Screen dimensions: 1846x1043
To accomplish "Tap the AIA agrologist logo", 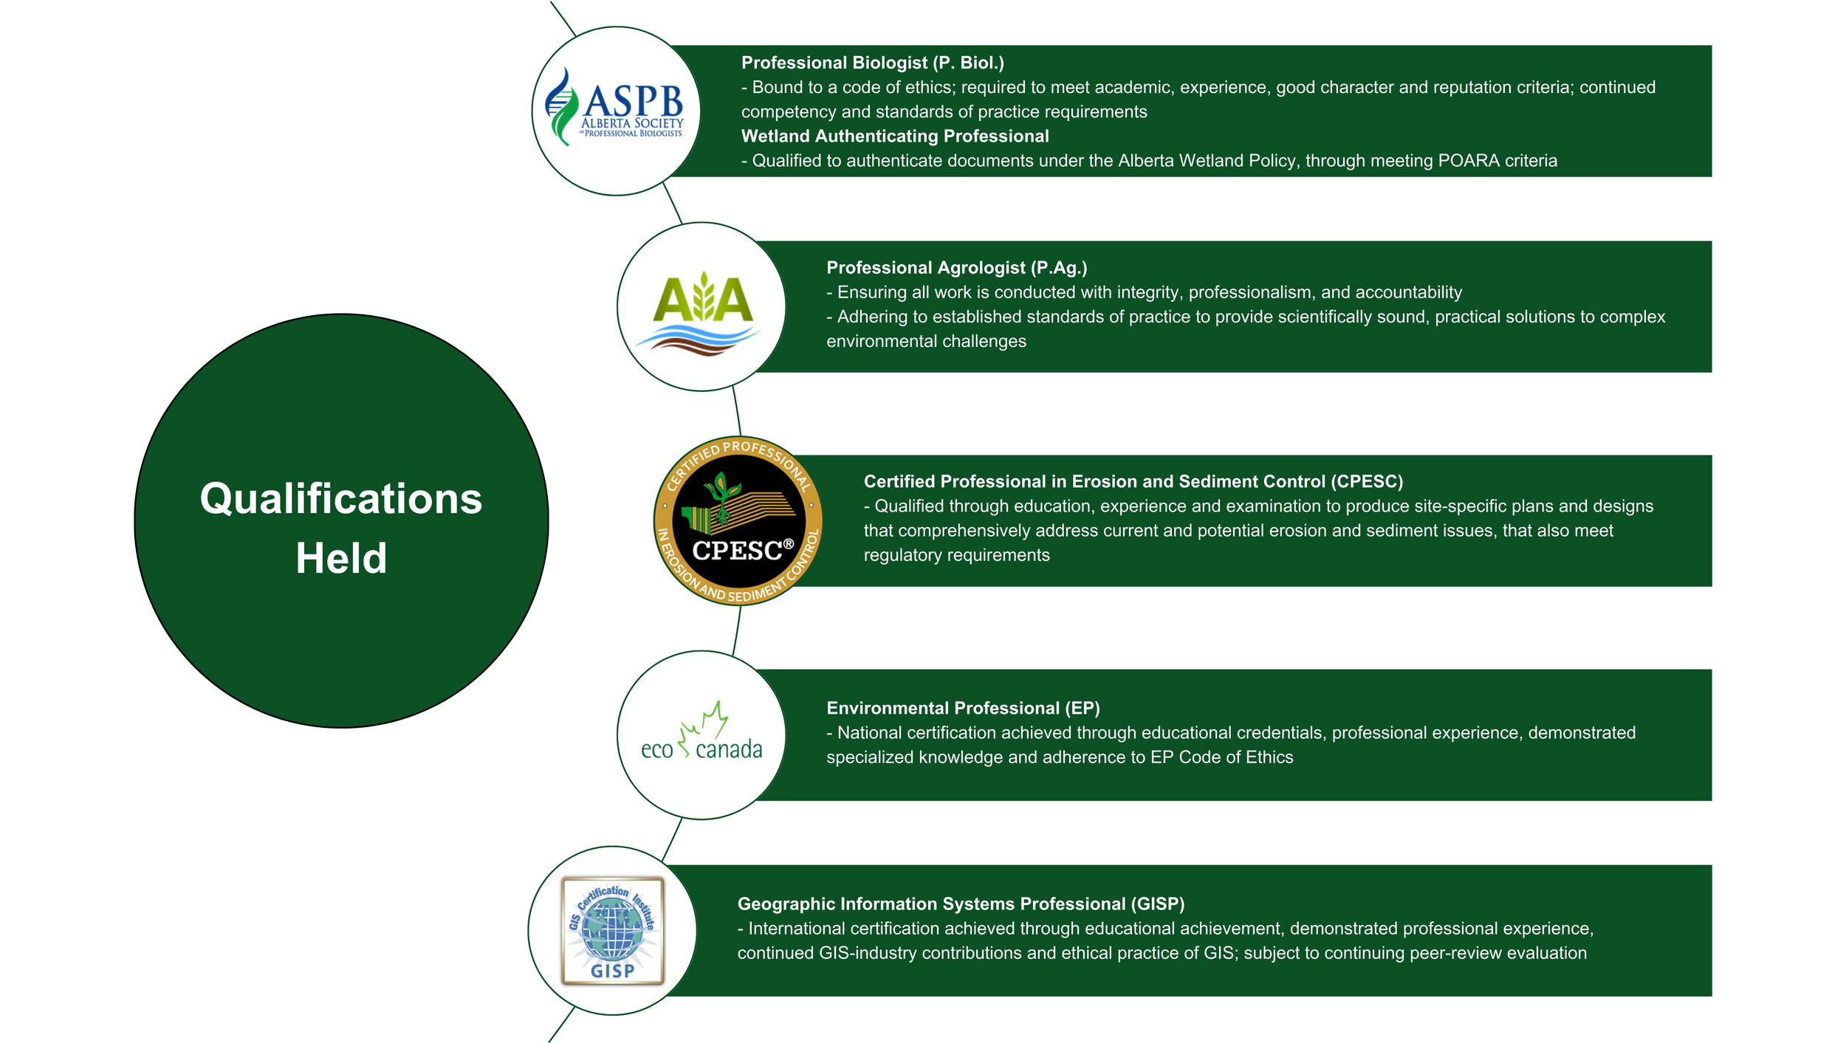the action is pos(701,310).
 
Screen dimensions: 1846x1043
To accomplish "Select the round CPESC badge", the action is pos(738,521).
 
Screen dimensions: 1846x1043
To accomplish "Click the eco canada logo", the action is pos(701,735).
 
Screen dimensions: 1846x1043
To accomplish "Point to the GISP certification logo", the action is pos(612,931).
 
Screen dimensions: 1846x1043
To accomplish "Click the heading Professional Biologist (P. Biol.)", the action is pos(872,63).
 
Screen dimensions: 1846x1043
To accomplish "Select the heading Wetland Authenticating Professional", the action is pos(894,136).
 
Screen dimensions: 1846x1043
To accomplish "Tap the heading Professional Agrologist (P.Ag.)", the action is pos(956,267).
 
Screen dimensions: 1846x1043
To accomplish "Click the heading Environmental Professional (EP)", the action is pos(963,708).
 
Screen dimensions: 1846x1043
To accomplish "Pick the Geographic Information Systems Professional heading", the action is pos(960,903).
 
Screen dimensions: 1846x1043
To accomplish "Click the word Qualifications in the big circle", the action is pos(340,499).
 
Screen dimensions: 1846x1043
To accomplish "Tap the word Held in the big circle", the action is pos(341,558).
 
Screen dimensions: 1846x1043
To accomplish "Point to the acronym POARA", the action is pos(1466,161).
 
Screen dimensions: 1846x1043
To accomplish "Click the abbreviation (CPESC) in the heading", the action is pos(1367,481).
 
